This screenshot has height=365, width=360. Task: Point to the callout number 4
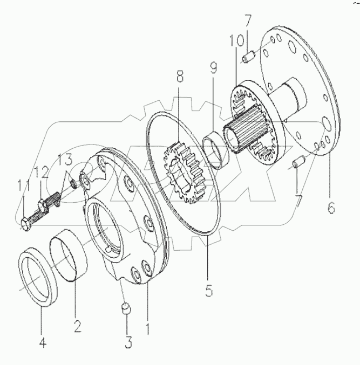coord(42,342)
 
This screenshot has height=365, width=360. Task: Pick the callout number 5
coord(208,290)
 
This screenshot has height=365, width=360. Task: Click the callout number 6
coord(331,206)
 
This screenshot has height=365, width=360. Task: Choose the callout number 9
coord(213,68)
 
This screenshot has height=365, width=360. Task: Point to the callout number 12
coord(42,173)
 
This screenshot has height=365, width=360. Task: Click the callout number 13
coord(65,160)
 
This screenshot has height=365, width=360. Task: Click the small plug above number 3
coord(125,308)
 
